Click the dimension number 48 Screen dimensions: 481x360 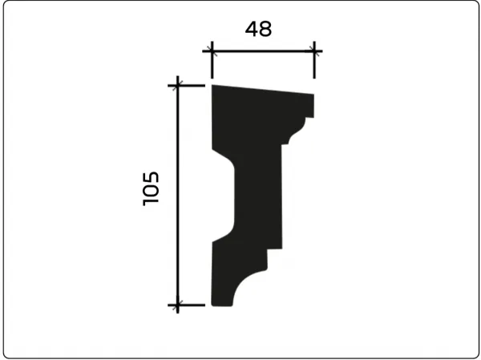point(258,29)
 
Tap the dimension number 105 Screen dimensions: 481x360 point(151,188)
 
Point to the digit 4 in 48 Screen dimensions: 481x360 point(251,29)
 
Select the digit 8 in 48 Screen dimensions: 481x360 point(265,29)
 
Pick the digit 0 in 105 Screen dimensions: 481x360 point(151,190)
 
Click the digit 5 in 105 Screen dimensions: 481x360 point(151,177)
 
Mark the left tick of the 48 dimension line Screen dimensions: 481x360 point(212,51)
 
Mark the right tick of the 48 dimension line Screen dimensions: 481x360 point(314,51)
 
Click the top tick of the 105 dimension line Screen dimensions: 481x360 point(178,85)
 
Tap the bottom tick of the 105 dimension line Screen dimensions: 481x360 point(178,305)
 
